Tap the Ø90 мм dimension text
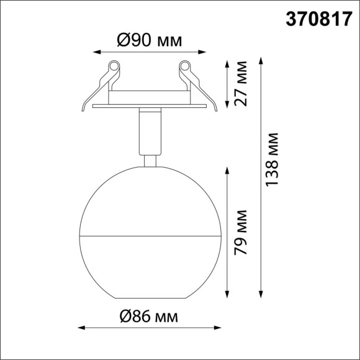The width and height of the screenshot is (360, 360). point(150,41)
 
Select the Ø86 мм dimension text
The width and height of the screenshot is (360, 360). point(150,317)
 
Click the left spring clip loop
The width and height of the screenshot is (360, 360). point(114,65)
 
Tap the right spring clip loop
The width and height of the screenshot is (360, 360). point(184,65)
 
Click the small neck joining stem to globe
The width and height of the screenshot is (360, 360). point(149,161)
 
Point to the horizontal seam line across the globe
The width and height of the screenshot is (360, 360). point(149,236)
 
